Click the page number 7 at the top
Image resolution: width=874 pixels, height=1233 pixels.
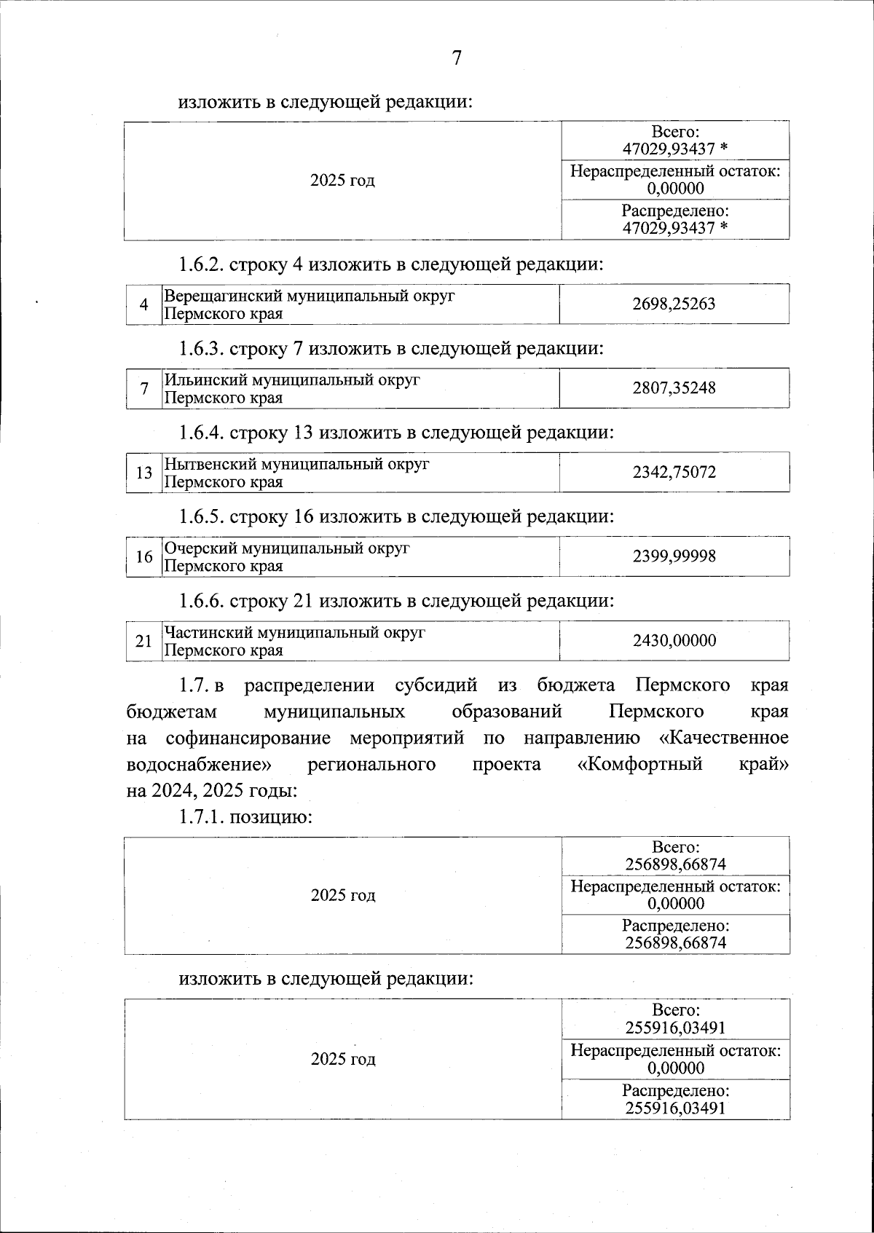click(457, 58)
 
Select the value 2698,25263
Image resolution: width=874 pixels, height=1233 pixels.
click(674, 304)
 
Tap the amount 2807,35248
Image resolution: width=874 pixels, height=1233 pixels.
click(674, 388)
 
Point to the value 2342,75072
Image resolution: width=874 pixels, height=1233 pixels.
click(674, 473)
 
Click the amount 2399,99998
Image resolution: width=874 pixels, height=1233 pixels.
click(674, 557)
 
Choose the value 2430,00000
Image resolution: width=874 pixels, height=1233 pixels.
click(674, 641)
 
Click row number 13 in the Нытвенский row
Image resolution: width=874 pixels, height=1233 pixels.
click(143, 473)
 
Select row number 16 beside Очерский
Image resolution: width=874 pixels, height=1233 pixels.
click(143, 557)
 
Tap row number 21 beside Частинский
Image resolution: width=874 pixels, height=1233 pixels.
click(143, 642)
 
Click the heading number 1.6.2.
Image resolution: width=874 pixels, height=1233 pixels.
click(202, 264)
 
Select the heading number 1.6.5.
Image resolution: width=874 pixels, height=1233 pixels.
click(202, 517)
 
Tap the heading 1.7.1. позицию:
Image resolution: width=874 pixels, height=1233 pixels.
click(246, 817)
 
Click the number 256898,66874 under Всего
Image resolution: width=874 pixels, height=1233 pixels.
click(675, 865)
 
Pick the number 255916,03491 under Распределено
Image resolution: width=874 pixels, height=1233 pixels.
click(675, 1108)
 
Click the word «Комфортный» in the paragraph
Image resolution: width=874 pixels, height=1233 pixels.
click(639, 765)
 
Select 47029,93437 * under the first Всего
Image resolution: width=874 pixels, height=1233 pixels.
click(675, 149)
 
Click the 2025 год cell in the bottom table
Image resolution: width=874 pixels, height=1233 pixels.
click(343, 1059)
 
